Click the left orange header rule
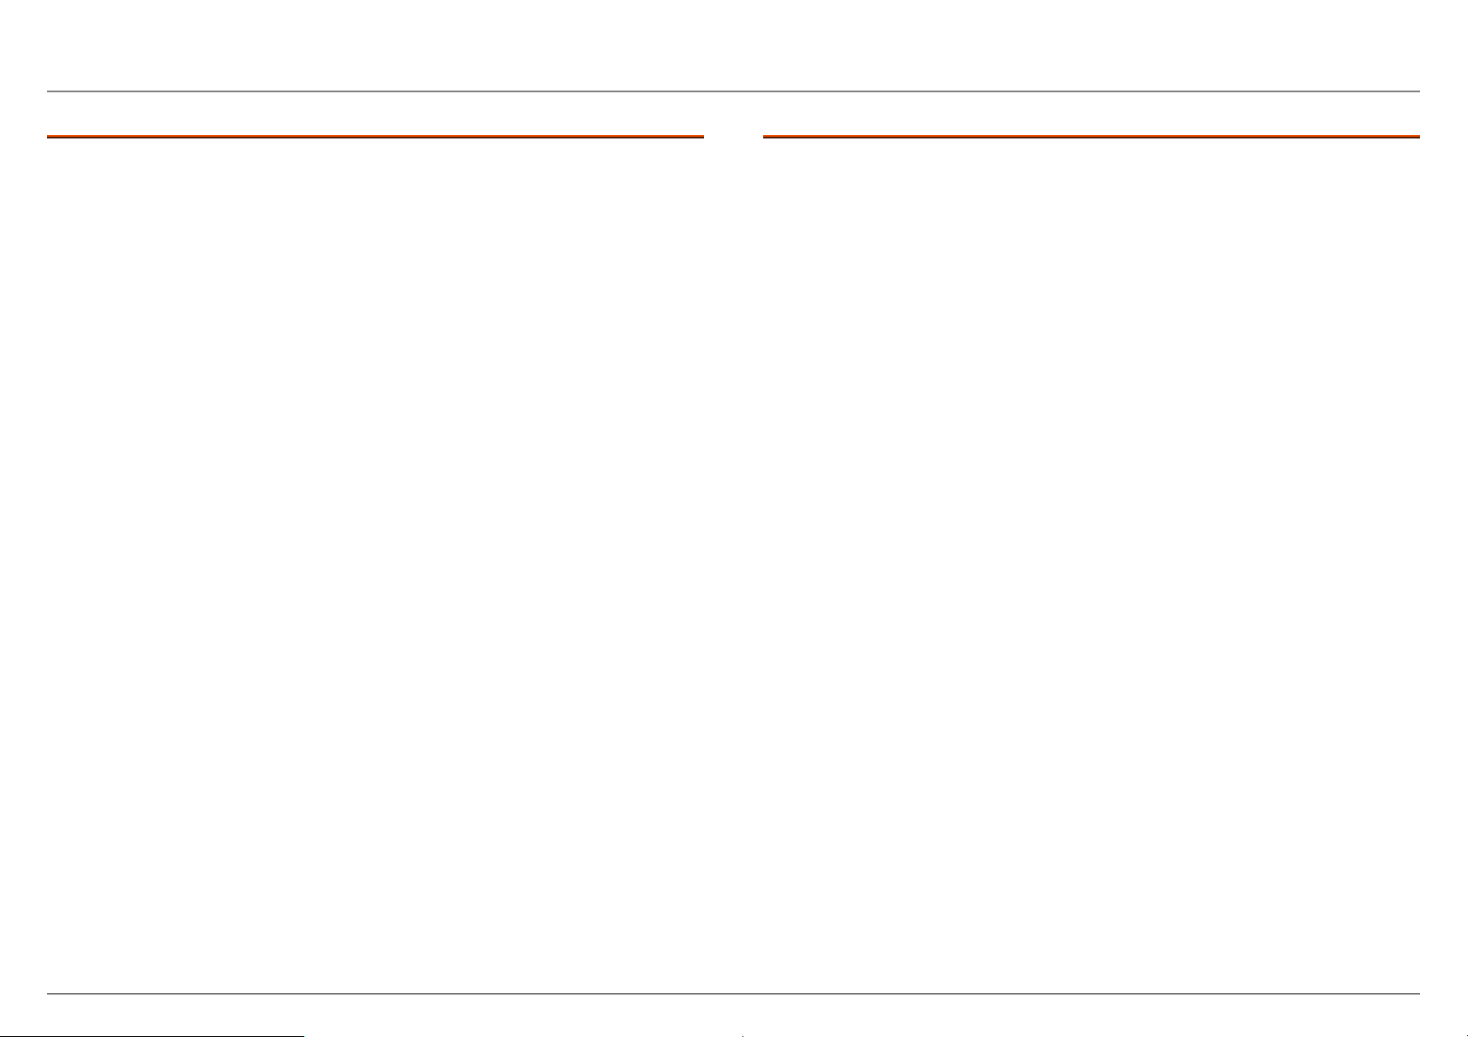(375, 137)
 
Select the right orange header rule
(1091, 137)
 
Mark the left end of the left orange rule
(49, 137)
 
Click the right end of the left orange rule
(702, 137)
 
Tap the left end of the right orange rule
(764, 137)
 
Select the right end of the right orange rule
(1418, 137)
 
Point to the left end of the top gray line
(49, 91)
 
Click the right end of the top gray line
(1418, 91)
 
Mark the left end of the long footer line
(49, 993)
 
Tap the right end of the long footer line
(1418, 993)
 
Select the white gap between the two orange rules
(733, 137)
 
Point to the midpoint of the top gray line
(734, 91)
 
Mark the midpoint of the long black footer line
(734, 993)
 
